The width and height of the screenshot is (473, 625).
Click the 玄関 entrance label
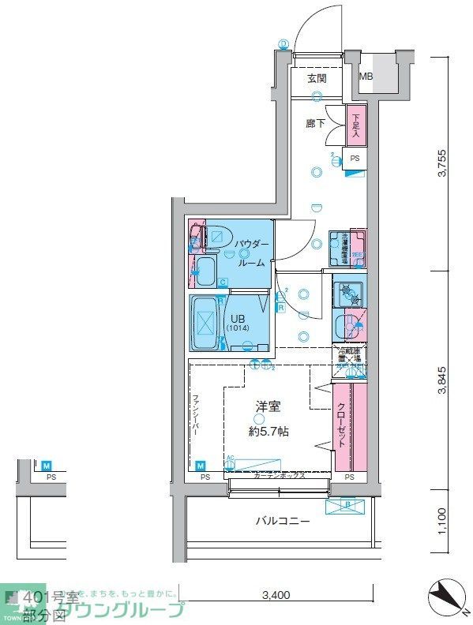tap(317, 78)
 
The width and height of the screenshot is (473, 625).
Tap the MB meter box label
tap(366, 77)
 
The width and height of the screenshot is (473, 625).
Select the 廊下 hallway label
tap(315, 124)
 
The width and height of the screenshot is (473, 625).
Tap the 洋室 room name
tap(267, 406)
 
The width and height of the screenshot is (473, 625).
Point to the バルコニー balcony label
tap(282, 521)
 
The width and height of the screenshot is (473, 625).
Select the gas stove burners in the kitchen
tap(348, 294)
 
